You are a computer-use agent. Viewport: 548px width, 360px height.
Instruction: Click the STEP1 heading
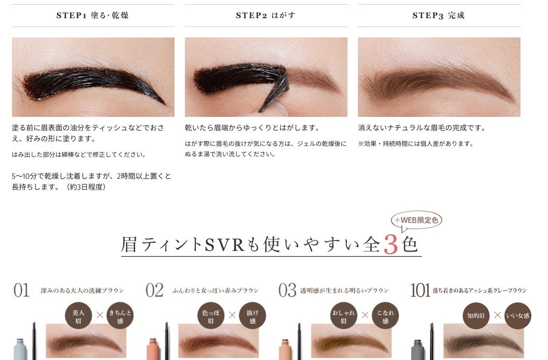(x=92, y=16)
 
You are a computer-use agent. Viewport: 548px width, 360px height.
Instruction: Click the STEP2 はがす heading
(x=265, y=16)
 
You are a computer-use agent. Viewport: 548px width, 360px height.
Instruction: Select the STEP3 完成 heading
(x=438, y=16)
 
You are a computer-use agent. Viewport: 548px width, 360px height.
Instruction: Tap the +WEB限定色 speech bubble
(x=416, y=221)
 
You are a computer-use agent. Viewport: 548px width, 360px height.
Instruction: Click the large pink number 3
(x=391, y=244)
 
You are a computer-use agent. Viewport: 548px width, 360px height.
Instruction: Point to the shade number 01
(x=22, y=290)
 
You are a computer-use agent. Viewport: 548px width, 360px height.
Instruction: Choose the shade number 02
(x=154, y=290)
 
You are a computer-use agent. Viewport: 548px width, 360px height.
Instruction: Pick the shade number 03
(x=287, y=290)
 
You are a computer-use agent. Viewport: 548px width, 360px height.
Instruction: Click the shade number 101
(x=420, y=290)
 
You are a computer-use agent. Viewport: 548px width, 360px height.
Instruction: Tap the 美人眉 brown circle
(x=78, y=316)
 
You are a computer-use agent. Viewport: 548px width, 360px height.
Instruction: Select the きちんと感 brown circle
(x=120, y=316)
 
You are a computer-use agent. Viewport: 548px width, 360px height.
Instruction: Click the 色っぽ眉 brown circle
(x=211, y=316)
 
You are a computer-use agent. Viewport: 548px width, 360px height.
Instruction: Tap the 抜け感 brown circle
(x=252, y=316)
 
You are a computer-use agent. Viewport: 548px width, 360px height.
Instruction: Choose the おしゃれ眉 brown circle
(x=343, y=316)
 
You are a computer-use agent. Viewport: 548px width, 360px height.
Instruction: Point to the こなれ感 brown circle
(x=385, y=316)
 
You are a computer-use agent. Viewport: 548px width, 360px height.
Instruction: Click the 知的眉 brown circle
(x=476, y=316)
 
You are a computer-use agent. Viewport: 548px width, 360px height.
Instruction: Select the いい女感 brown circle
(x=518, y=316)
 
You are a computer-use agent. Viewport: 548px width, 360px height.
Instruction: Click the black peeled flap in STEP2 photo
(x=276, y=89)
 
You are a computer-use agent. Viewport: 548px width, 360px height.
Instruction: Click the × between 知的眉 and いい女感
(x=497, y=315)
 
